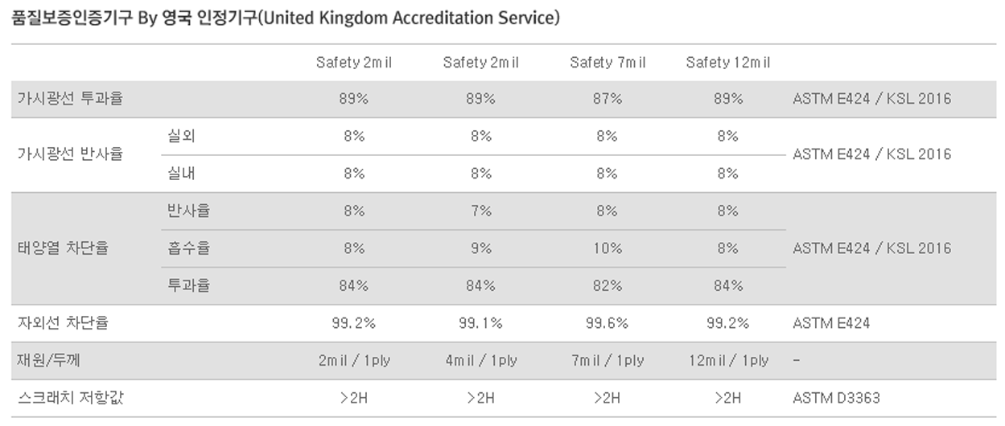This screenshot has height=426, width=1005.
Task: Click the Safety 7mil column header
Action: pyautogui.click(x=607, y=63)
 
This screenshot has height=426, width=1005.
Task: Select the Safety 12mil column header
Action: pyautogui.click(x=727, y=63)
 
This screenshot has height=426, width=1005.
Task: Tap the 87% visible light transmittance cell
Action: pyautogui.click(x=607, y=99)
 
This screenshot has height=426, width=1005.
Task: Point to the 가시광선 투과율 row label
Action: pyautogui.click(x=70, y=99)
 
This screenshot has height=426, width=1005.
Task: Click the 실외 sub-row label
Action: pyautogui.click(x=181, y=137)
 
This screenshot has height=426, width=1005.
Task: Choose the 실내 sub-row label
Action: pyautogui.click(x=181, y=174)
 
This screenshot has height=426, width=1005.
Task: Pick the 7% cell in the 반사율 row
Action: pyautogui.click(x=480, y=211)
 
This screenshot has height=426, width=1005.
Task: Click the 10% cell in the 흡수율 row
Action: pyautogui.click(x=607, y=248)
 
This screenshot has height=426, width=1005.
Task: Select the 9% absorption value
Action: pyautogui.click(x=480, y=248)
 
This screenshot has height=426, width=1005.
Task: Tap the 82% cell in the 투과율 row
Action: pyautogui.click(x=607, y=285)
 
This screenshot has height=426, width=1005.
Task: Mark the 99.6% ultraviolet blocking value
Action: pyautogui.click(x=607, y=323)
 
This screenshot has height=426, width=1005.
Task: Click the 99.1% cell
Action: pyautogui.click(x=480, y=323)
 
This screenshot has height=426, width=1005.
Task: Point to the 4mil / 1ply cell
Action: pyautogui.click(x=480, y=360)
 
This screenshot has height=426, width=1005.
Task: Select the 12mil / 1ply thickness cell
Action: pyautogui.click(x=727, y=360)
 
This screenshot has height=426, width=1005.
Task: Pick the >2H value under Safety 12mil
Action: pyautogui.click(x=727, y=398)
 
